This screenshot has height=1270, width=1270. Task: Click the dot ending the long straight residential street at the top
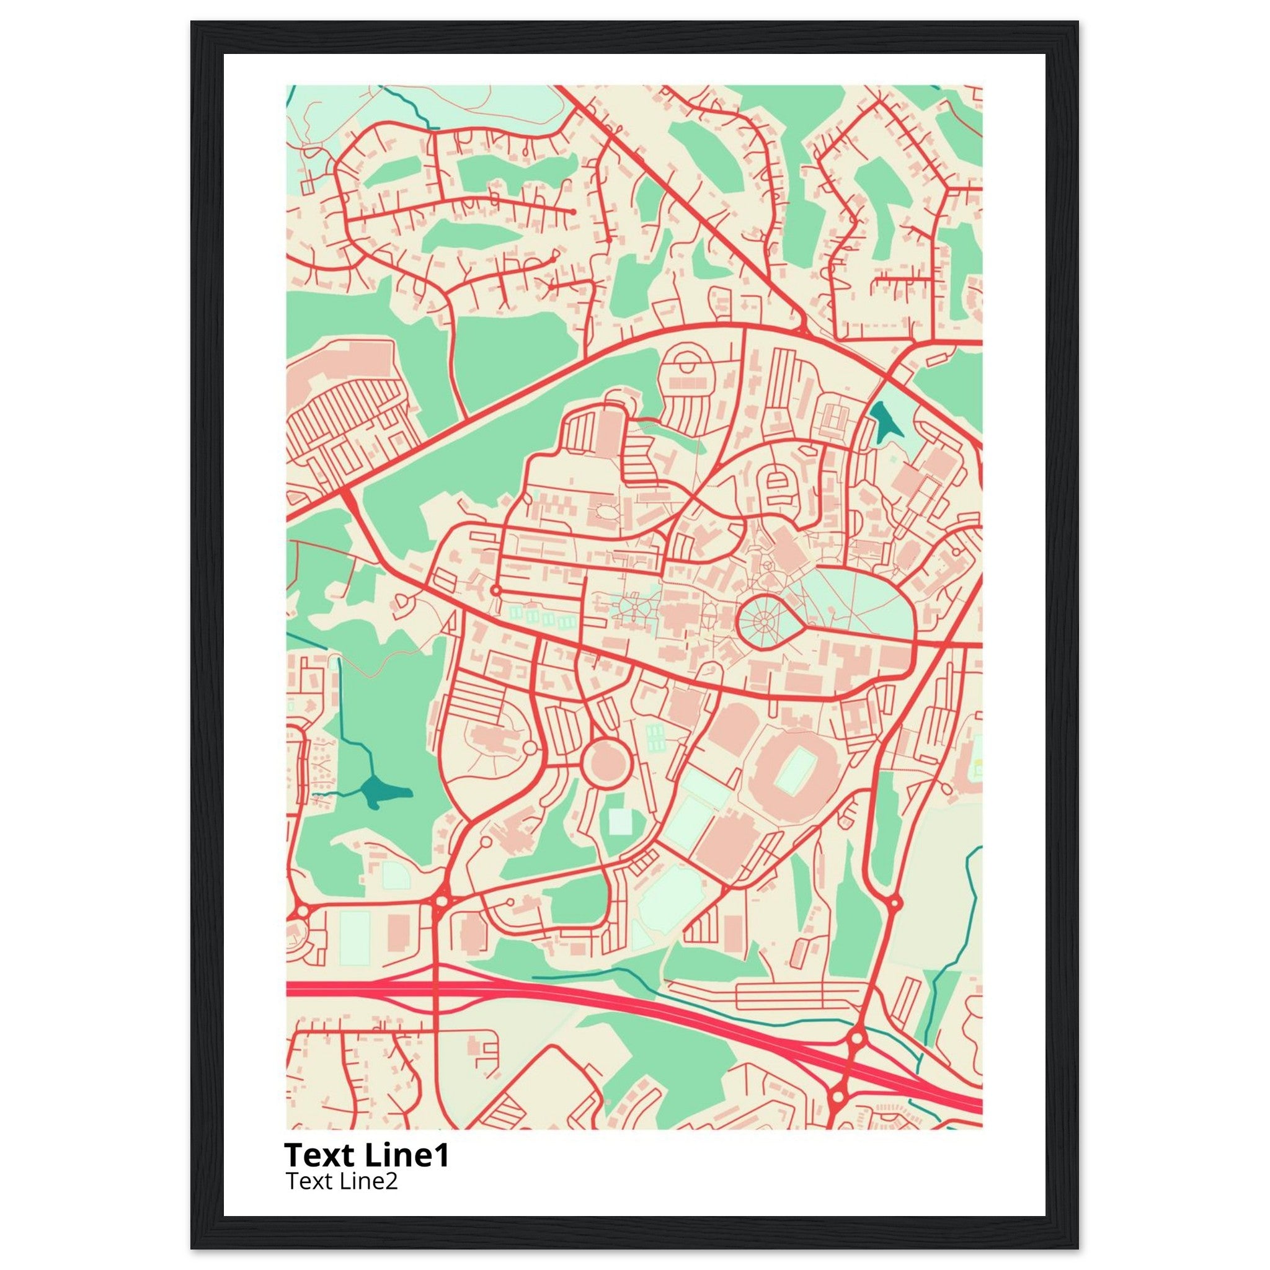pos(573,211)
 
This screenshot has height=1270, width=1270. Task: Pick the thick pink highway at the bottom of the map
pos(592,993)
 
